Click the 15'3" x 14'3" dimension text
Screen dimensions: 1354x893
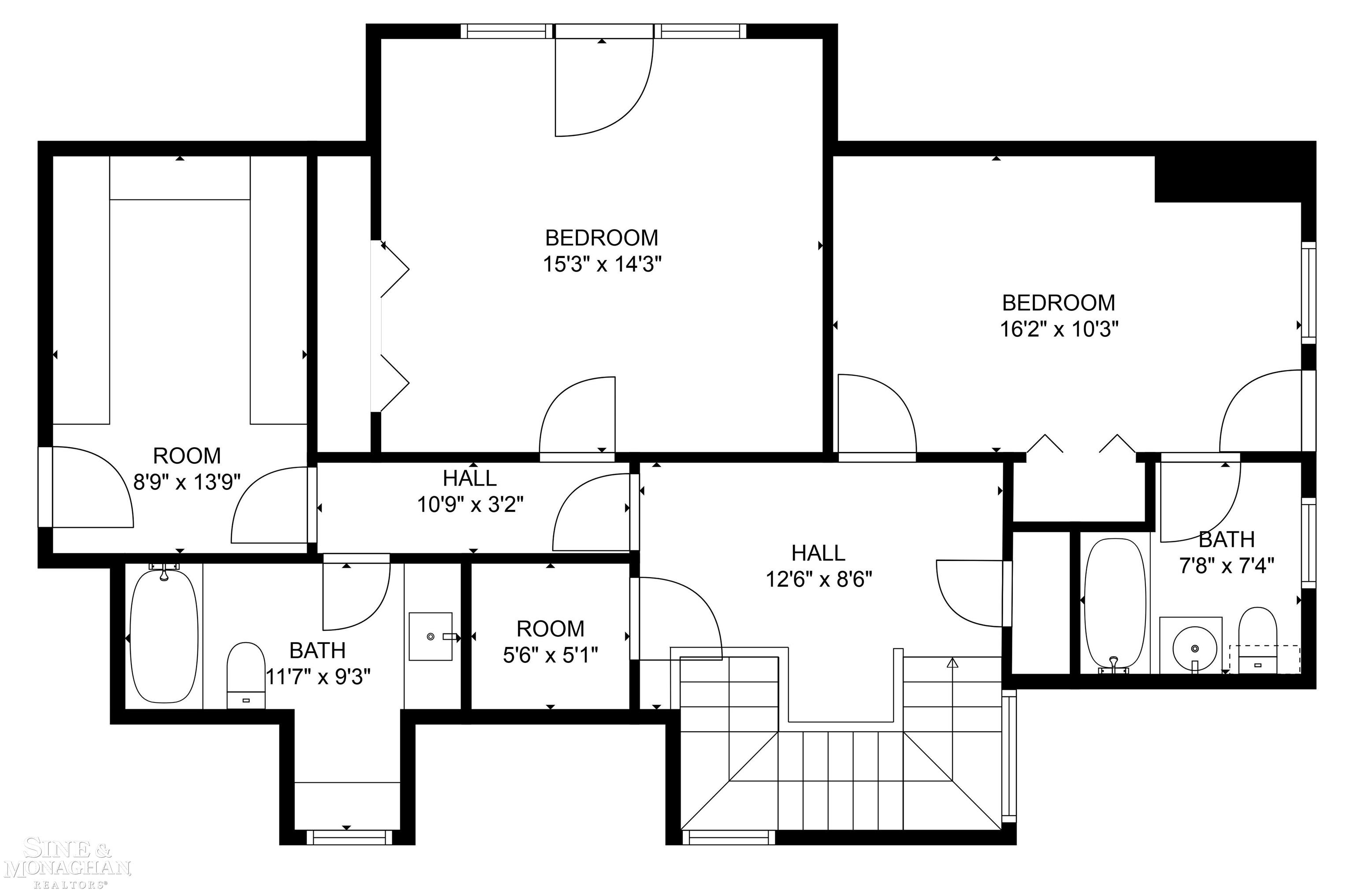point(602,264)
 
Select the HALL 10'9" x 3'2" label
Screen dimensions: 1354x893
point(470,491)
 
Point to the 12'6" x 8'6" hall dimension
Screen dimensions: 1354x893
point(818,579)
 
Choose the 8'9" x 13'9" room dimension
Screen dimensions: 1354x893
point(187,482)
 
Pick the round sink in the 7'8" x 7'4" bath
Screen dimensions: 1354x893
point(1194,649)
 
